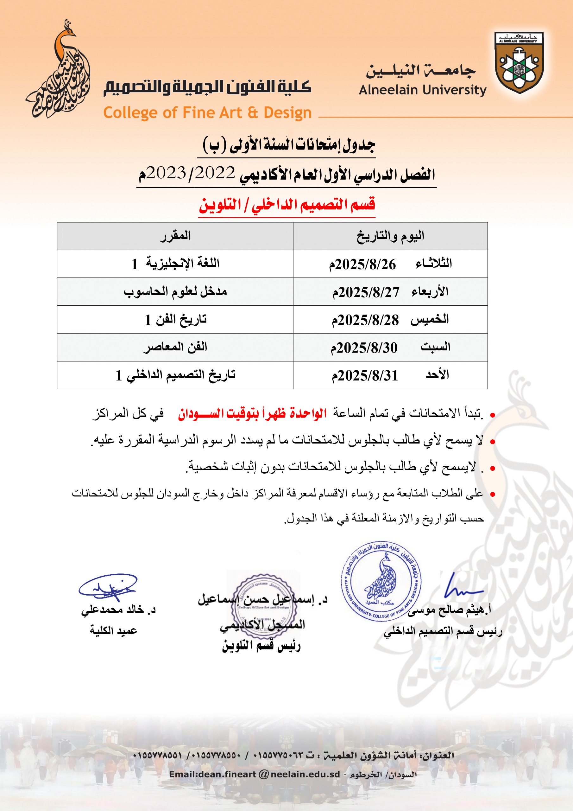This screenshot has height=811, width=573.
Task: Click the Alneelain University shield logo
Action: pyautogui.click(x=519, y=62)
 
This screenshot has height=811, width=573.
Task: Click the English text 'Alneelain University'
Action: pyautogui.click(x=422, y=90)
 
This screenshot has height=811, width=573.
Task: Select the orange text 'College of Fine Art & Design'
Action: pyautogui.click(x=207, y=113)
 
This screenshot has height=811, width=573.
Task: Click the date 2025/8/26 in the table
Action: pyautogui.click(x=362, y=264)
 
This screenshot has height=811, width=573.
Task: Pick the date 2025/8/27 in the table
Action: pyautogui.click(x=366, y=292)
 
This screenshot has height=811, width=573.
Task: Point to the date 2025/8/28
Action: pyautogui.click(x=365, y=320)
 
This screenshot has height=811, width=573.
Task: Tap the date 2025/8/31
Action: pyautogui.click(x=365, y=375)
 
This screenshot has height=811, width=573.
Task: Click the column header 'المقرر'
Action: pyautogui.click(x=175, y=236)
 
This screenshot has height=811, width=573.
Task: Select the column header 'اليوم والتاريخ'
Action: pyautogui.click(x=390, y=236)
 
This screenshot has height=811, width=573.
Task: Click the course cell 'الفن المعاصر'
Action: pyautogui.click(x=175, y=348)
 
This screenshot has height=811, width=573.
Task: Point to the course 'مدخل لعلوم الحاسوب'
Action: pyautogui.click(x=175, y=292)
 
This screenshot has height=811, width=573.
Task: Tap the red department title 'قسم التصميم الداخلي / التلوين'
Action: pyautogui.click(x=287, y=205)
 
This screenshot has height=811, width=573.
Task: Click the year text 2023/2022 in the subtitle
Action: pyautogui.click(x=191, y=173)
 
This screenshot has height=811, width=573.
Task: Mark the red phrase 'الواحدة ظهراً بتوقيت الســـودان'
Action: pyautogui.click(x=252, y=413)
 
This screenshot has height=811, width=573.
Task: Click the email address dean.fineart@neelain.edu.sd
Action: pyautogui.click(x=255, y=775)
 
